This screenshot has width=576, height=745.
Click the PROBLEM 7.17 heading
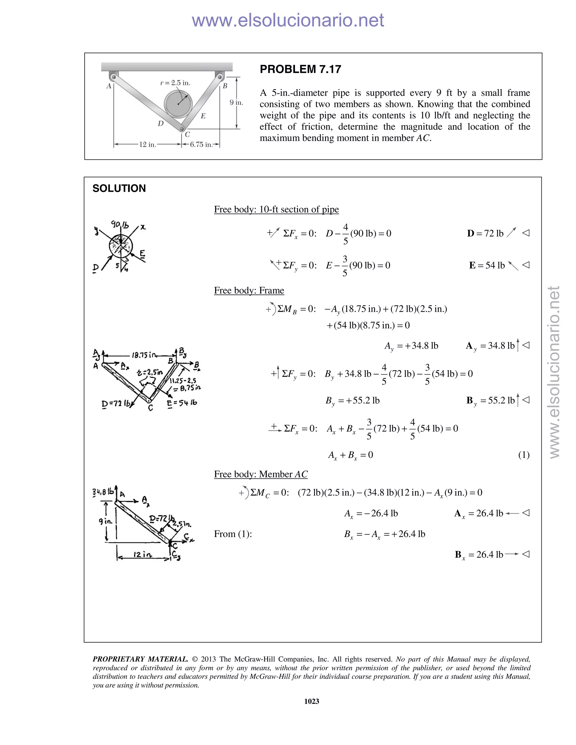tap(300, 69)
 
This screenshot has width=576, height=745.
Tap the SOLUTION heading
tap(119, 188)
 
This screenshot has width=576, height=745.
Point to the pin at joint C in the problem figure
tap(182, 129)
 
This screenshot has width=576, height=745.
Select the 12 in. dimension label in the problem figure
tap(147, 145)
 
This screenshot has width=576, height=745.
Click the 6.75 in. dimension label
tap(201, 145)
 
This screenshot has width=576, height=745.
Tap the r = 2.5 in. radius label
tap(175, 83)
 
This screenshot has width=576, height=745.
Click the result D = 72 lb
tap(485, 233)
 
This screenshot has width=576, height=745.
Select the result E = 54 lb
tap(487, 265)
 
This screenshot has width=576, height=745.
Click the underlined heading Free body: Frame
tap(249, 290)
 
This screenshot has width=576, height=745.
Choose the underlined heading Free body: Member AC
tap(261, 474)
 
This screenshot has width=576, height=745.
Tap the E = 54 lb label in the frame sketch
tap(182, 403)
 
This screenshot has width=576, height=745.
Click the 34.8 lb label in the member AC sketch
tap(103, 492)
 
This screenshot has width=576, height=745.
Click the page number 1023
tap(312, 701)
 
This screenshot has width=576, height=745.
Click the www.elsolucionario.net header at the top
tap(288, 20)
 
